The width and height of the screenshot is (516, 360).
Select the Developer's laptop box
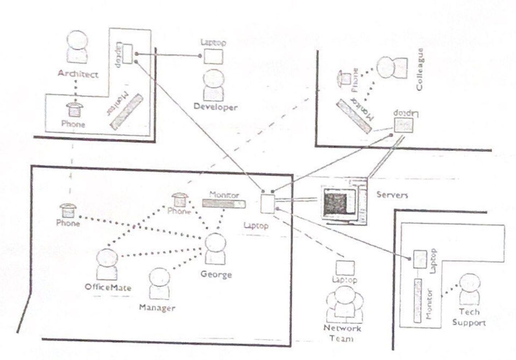[213, 56]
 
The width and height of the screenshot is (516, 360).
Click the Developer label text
[215, 107]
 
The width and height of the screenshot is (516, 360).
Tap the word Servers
[392, 195]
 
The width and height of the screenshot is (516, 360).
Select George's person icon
[215, 249]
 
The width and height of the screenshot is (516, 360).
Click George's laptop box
[268, 204]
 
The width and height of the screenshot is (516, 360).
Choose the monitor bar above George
[224, 204]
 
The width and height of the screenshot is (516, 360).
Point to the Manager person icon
[159, 285]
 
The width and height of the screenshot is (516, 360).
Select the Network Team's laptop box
[344, 268]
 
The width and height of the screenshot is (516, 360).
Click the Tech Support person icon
[469, 290]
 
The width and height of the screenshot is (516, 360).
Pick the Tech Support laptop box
[420, 259]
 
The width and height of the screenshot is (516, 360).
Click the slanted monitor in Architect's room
[126, 111]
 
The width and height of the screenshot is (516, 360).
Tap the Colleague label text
[420, 70]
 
